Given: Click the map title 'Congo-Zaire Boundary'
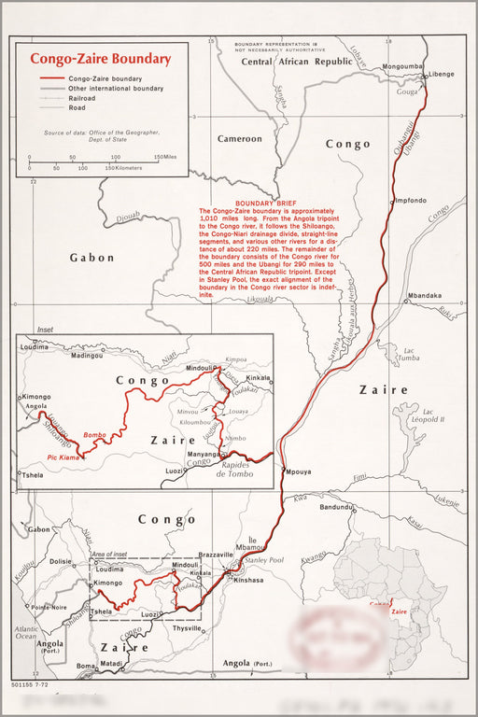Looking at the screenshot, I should (100, 58).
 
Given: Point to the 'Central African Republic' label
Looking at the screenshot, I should (297, 61).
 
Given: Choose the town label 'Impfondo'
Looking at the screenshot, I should (411, 201).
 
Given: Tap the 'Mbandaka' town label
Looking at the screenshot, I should (423, 296).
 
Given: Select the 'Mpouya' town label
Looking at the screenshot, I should (299, 471).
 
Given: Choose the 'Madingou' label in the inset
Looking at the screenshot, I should (87, 356).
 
